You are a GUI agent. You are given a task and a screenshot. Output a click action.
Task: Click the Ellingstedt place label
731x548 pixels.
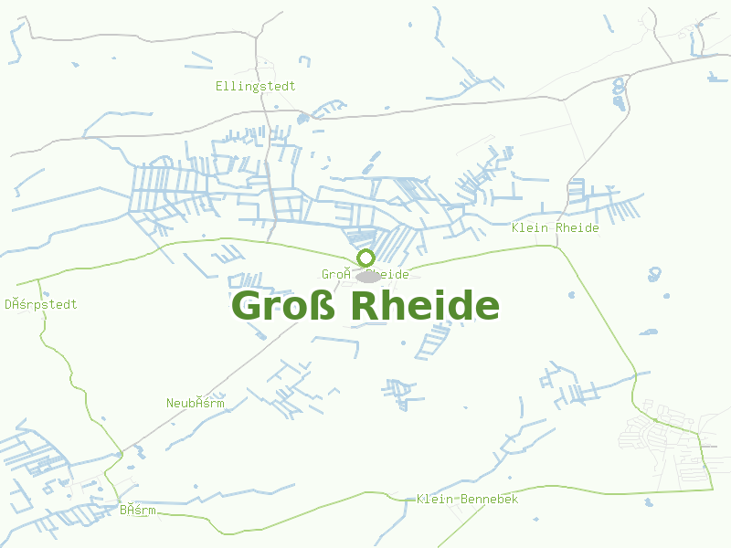[x=255, y=86]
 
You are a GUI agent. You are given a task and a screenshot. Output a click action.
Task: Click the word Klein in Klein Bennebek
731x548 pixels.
[x=434, y=499]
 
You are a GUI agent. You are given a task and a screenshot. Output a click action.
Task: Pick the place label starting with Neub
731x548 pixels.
[x=195, y=403]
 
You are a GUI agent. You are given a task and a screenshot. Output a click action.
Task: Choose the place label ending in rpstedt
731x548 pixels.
[x=41, y=304]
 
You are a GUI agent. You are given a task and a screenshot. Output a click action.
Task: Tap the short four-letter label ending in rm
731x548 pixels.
[x=137, y=510]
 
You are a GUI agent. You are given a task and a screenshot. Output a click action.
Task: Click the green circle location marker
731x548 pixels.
[x=365, y=258]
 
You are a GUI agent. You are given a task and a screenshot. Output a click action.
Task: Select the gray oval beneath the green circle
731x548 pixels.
[x=367, y=276]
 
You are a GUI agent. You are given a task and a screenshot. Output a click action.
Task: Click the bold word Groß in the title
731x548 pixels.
[x=284, y=307]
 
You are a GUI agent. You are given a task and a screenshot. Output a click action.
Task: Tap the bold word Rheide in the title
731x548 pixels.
[x=424, y=307]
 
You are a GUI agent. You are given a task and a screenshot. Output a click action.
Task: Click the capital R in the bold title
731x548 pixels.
[x=363, y=307]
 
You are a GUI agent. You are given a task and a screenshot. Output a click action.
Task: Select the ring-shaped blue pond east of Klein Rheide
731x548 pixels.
[x=654, y=273]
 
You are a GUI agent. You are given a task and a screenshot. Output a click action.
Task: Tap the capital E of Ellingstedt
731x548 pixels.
[x=219, y=86]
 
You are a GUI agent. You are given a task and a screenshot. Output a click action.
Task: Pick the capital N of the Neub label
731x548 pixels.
[x=170, y=403]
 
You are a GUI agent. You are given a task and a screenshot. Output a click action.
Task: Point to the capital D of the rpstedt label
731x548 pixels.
[x=8, y=304]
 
